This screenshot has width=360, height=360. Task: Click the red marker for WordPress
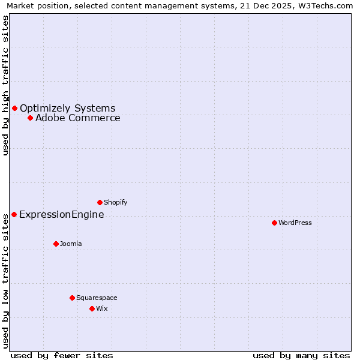[x=274, y=223]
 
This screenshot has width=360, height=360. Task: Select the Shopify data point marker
[x=100, y=202]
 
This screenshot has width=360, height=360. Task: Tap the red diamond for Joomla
[x=56, y=244]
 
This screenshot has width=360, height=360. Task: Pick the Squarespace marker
[x=72, y=298]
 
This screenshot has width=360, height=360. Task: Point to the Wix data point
[x=92, y=308]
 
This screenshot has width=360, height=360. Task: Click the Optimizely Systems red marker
[x=14, y=108]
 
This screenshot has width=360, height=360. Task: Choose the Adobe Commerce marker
[x=30, y=118]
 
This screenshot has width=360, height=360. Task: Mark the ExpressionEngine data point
[x=14, y=214]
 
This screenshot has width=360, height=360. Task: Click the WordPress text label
[x=295, y=223]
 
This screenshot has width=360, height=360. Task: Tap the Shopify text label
[x=115, y=202]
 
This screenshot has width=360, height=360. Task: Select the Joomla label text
[x=71, y=244]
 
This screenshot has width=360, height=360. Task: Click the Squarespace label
[x=97, y=298]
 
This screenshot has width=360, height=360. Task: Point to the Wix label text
[x=101, y=308]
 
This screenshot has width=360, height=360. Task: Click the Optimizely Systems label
[x=68, y=108]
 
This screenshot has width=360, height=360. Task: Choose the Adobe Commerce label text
[x=78, y=118]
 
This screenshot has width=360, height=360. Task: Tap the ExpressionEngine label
[x=62, y=214]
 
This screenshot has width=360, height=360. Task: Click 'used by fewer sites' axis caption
[x=62, y=355]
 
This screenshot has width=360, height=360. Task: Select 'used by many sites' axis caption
[x=301, y=355]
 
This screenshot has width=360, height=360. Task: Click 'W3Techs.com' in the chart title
[x=327, y=6]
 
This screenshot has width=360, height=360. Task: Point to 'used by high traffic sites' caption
[x=6, y=85]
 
